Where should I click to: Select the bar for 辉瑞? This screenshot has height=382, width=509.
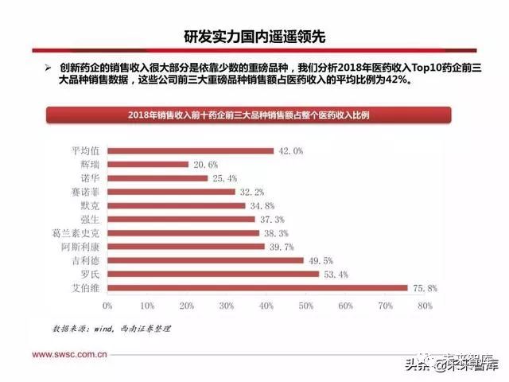tap(147, 164)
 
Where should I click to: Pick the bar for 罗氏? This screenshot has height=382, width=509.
tap(212, 274)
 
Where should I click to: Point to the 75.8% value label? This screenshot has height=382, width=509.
tap(424, 287)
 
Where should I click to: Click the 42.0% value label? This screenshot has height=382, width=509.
tap(290, 150)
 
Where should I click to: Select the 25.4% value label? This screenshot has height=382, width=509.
tap(224, 178)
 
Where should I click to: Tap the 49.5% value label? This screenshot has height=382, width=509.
tap(320, 260)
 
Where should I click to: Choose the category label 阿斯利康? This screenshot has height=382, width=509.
tap(82, 247)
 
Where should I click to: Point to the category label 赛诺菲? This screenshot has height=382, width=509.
tap(86, 192)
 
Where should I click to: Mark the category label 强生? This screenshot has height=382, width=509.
tap(91, 219)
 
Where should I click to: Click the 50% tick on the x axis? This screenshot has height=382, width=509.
tap(305, 305)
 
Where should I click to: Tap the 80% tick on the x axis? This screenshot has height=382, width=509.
tap(424, 305)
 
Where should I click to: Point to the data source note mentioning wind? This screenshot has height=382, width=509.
tap(111, 328)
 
